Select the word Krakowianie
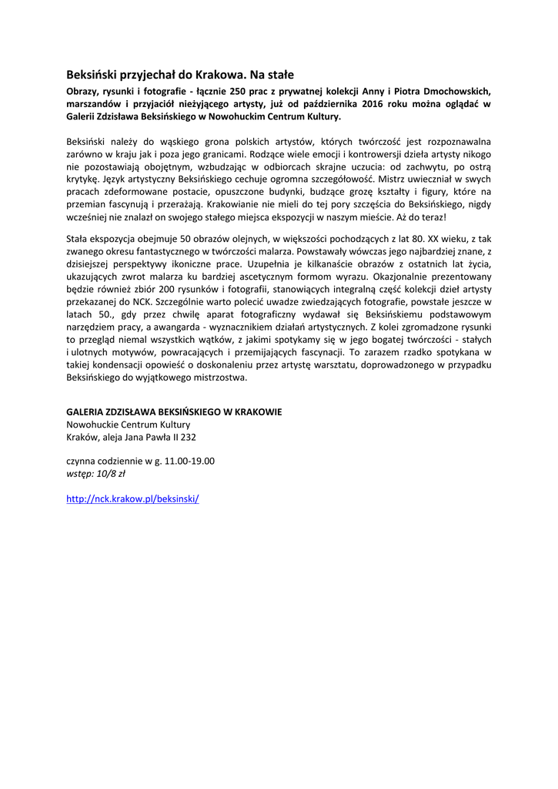pos(230,204)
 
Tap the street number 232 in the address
pos(185,437)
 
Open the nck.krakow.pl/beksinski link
pos(132,499)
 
